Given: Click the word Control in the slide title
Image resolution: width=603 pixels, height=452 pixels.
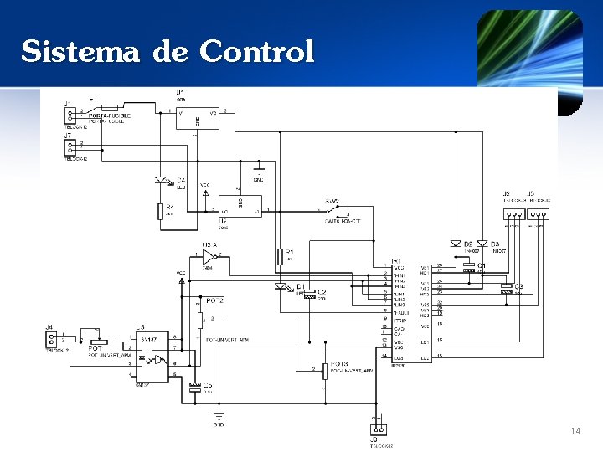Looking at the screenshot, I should tap(256, 52).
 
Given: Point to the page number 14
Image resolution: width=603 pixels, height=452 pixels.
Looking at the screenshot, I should tap(575, 431).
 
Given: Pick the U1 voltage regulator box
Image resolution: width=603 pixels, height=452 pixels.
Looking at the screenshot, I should tap(197, 117).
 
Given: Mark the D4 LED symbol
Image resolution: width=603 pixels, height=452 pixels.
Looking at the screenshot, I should tap(161, 180).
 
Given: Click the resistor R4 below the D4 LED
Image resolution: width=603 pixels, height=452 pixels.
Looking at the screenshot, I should tap(160, 211).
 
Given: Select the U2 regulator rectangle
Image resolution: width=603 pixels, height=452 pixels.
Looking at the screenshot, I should tap(240, 204).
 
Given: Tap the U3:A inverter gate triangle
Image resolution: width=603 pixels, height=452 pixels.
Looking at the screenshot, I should tap(209, 255).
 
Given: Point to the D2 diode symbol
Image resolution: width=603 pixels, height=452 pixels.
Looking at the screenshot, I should tap(456, 244).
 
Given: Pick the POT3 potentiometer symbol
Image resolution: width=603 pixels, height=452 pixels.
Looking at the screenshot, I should tap(325, 371).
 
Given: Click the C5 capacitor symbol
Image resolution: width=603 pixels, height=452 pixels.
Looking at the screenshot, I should tap(195, 387).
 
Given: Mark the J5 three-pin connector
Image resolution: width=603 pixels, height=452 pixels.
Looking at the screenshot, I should tap(537, 214).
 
